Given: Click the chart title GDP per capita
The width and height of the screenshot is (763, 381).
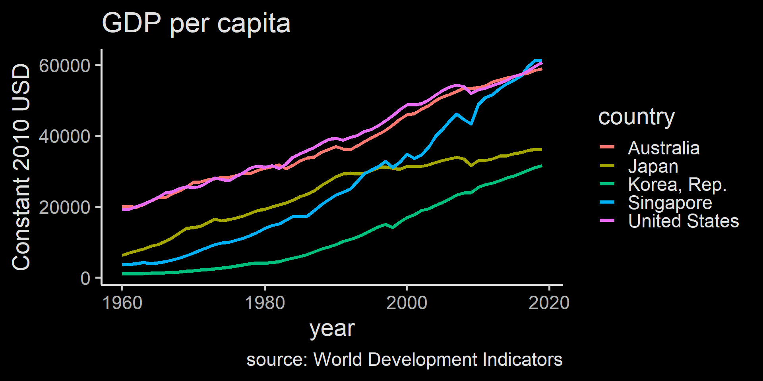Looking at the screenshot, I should pos(196,23).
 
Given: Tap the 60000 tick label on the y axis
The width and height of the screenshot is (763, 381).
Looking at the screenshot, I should pos(65,66).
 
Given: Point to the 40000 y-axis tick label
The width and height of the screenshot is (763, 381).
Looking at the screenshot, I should pos(65,137).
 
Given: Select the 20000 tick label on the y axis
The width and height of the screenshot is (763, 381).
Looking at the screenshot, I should pos(65,207).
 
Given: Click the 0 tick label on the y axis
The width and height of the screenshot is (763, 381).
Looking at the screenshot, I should pos(85,279).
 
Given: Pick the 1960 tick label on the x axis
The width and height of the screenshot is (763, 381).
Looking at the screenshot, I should pos(122,303).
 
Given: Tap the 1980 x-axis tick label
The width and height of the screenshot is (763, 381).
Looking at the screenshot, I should pos(265,303).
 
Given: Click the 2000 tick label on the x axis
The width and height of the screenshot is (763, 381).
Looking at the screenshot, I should pos(407,303).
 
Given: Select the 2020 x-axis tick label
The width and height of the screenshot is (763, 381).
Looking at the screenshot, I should pos(549,303).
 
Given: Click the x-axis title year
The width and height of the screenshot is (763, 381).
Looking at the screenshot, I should pos(332,329).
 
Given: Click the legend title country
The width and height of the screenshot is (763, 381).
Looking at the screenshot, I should pos(637,117).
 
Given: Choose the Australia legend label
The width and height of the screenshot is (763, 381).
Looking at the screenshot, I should pos(664,148).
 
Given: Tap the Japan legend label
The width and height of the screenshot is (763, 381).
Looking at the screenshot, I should pos(653,166).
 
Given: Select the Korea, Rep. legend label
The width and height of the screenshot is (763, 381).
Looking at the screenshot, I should pos(677,185).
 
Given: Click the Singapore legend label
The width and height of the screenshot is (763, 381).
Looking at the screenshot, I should pos(670,203).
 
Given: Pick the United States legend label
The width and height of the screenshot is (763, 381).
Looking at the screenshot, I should pos(684,221).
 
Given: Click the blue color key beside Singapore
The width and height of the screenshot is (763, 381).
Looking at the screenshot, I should pos(607,202).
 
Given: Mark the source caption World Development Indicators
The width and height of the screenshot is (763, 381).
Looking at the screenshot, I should pos(404,360).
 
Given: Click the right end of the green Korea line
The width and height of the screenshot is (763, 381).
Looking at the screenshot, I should pos(541,166).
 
